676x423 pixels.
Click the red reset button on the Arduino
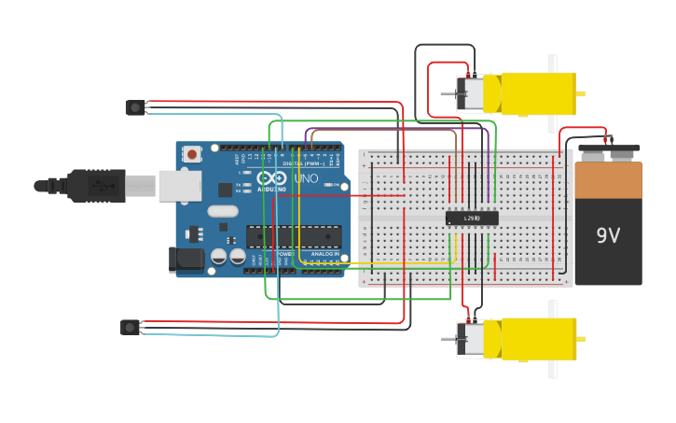point(192,154)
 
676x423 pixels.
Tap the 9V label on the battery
point(608,235)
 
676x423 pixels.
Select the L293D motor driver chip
point(472,219)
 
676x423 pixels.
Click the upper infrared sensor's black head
point(135,107)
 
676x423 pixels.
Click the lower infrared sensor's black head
point(131,327)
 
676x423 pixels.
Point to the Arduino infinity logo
point(271,178)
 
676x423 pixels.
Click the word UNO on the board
point(306,178)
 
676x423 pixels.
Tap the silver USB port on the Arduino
point(180,186)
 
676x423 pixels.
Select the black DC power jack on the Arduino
point(186,261)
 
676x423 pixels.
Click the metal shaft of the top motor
point(448,93)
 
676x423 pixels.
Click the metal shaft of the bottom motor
point(448,339)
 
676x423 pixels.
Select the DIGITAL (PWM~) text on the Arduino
point(304,163)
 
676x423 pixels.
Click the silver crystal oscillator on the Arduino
point(224,211)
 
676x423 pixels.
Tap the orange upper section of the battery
point(608,181)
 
